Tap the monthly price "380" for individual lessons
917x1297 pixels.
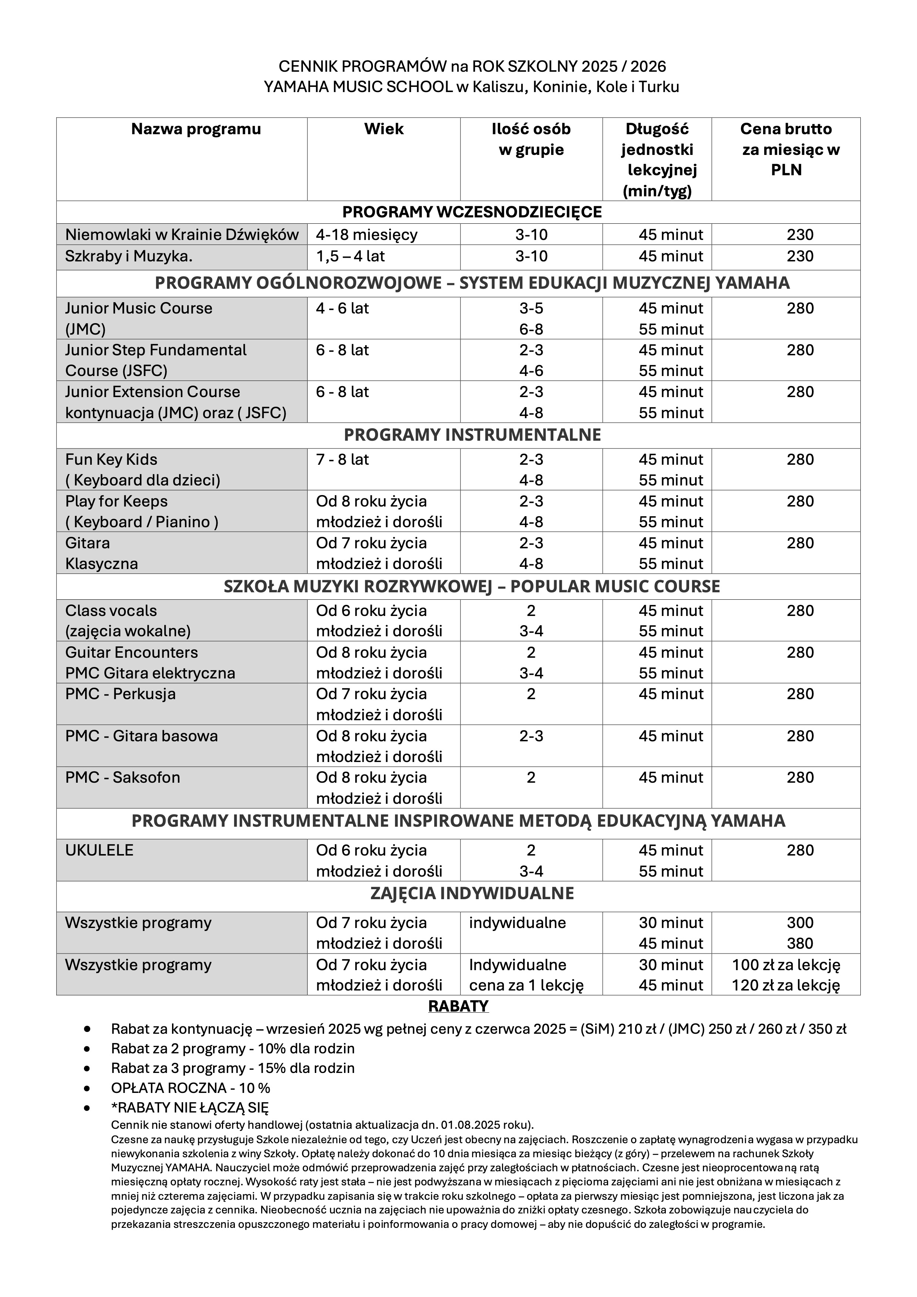(x=800, y=944)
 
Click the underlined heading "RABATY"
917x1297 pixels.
(x=458, y=1006)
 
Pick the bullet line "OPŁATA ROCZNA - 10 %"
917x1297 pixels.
(x=191, y=1088)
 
